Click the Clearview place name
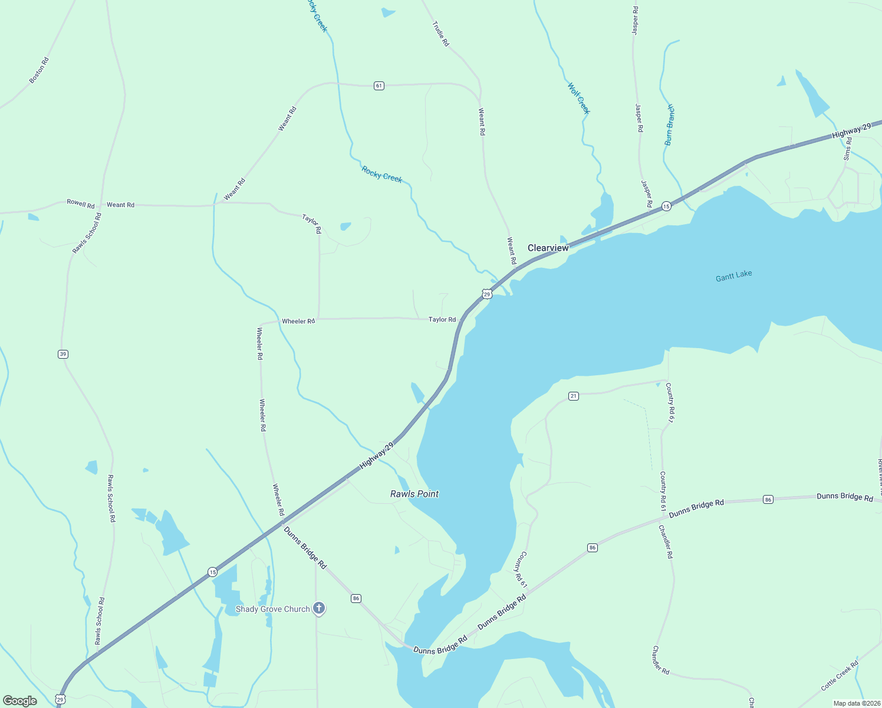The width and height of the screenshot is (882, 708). click(x=548, y=248)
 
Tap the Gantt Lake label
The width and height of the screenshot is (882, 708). click(x=733, y=276)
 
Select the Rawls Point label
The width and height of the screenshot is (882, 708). click(x=414, y=494)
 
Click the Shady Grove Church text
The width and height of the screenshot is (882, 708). click(x=272, y=609)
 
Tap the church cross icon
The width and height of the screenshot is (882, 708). click(x=319, y=608)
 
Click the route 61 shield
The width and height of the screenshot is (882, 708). click(x=379, y=86)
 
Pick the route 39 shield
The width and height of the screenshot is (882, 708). click(x=63, y=354)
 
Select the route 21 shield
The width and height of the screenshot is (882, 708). click(x=574, y=396)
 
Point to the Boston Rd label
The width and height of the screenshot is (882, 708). click(x=40, y=70)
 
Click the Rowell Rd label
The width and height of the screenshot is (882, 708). click(x=81, y=204)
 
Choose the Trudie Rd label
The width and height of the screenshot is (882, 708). click(x=440, y=34)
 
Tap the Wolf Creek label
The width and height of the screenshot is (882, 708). click(x=578, y=98)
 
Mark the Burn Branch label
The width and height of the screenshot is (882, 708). click(x=669, y=125)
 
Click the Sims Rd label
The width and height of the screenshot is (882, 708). click(x=848, y=149)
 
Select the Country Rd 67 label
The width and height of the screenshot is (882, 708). click(x=670, y=402)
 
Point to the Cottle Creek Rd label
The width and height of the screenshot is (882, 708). click(x=840, y=676)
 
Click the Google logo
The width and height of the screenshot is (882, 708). click(x=20, y=701)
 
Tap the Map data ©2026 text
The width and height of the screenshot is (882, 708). click(x=856, y=703)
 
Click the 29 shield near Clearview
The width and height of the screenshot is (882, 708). click(x=486, y=294)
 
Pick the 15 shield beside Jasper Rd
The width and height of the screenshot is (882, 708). click(x=666, y=206)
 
